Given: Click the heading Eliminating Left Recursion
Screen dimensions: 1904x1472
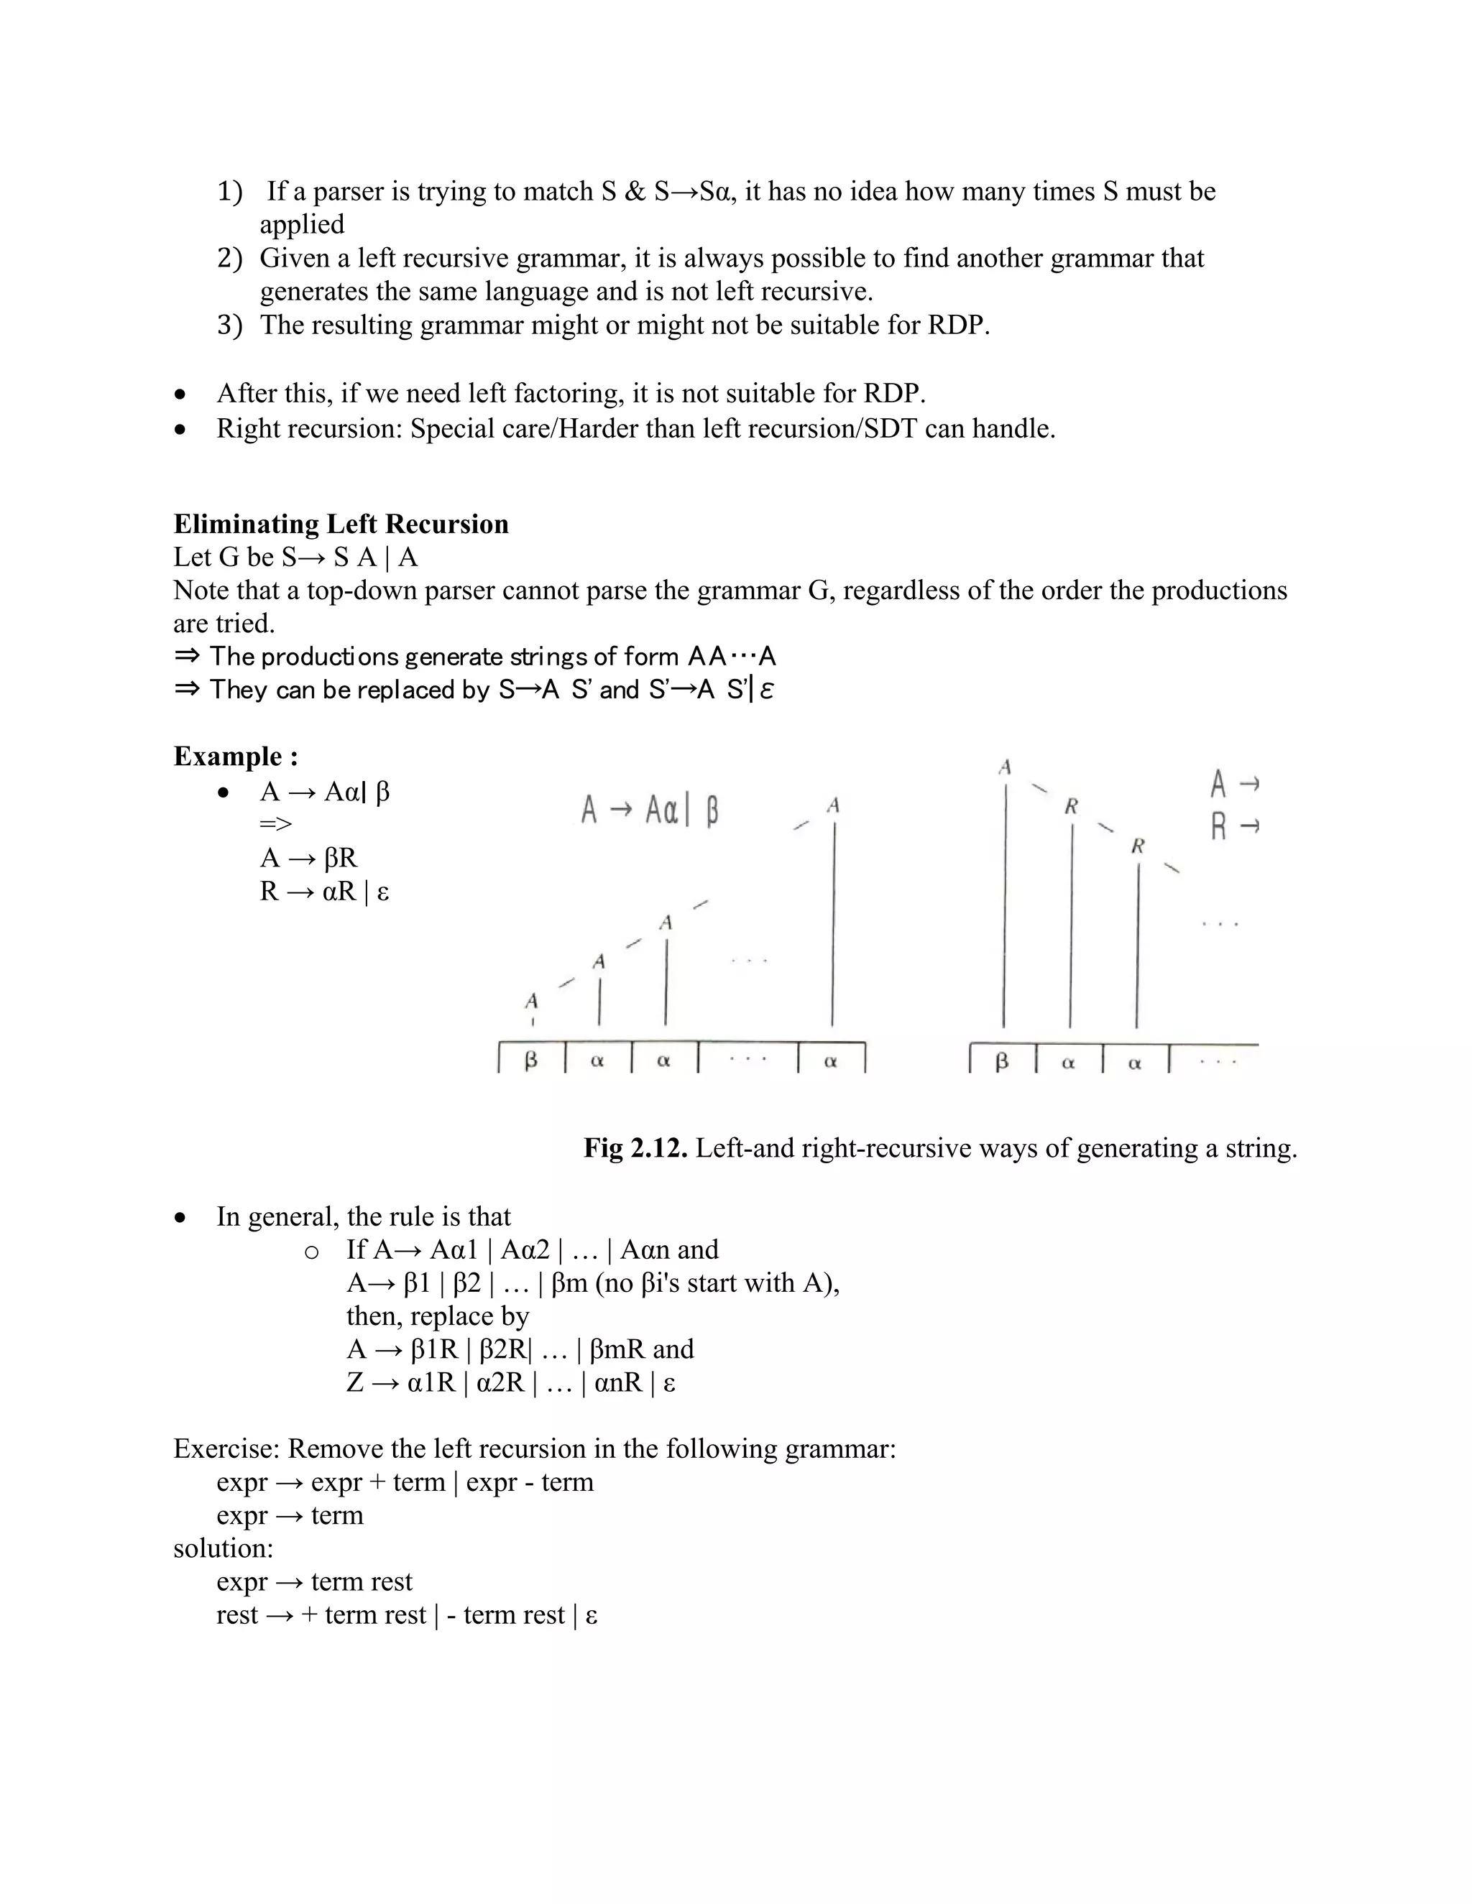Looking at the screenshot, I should click(340, 524).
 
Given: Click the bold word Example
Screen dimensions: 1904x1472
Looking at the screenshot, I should click(228, 756).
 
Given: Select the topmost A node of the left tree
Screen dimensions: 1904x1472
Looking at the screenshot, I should click(834, 805).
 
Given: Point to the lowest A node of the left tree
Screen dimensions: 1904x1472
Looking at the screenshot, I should click(531, 1001).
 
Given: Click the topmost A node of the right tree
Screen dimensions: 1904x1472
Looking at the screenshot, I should click(1005, 768).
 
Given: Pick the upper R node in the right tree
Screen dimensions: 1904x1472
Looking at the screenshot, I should click(1071, 808).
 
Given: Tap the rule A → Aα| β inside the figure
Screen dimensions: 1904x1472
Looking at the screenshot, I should click(650, 810).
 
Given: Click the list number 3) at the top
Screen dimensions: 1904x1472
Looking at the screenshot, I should click(229, 325).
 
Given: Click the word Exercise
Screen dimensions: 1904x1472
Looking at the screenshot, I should click(226, 1449).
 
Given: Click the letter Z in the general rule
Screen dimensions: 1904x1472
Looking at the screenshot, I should click(354, 1382).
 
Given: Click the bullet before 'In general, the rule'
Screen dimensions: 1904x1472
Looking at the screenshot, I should click(180, 1218).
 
